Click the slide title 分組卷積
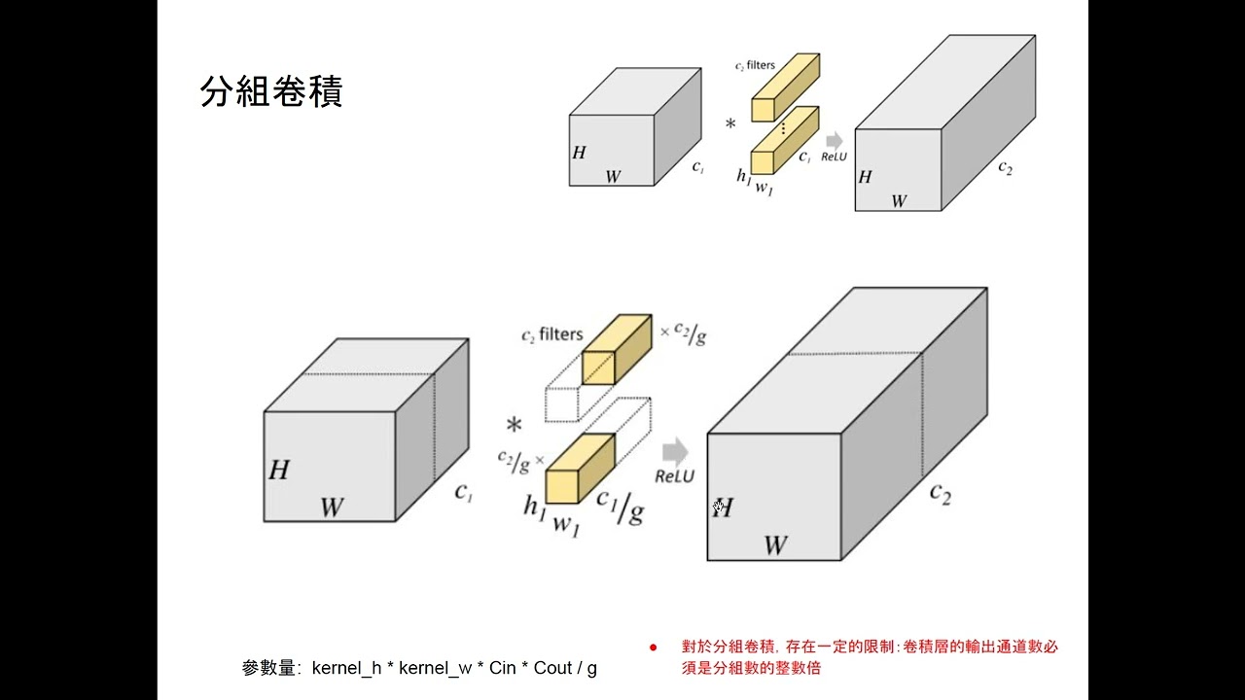(x=271, y=91)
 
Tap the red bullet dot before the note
(x=653, y=647)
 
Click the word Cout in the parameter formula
(x=552, y=668)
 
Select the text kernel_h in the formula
(x=346, y=668)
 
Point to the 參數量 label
(x=267, y=668)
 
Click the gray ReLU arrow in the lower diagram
(x=675, y=451)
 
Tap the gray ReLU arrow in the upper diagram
(x=835, y=141)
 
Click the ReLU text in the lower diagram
(x=675, y=476)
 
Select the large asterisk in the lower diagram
(x=515, y=426)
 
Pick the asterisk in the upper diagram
(x=730, y=124)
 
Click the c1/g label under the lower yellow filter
(x=621, y=507)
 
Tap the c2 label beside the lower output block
(x=941, y=493)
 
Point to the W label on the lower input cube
(x=332, y=507)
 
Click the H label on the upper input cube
(x=579, y=153)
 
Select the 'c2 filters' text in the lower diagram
(x=552, y=334)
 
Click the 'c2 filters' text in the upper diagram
(x=755, y=65)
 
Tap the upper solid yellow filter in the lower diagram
(x=617, y=349)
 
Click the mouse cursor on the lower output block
(x=718, y=507)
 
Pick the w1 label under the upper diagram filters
(x=765, y=189)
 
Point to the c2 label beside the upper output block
(x=1006, y=167)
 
